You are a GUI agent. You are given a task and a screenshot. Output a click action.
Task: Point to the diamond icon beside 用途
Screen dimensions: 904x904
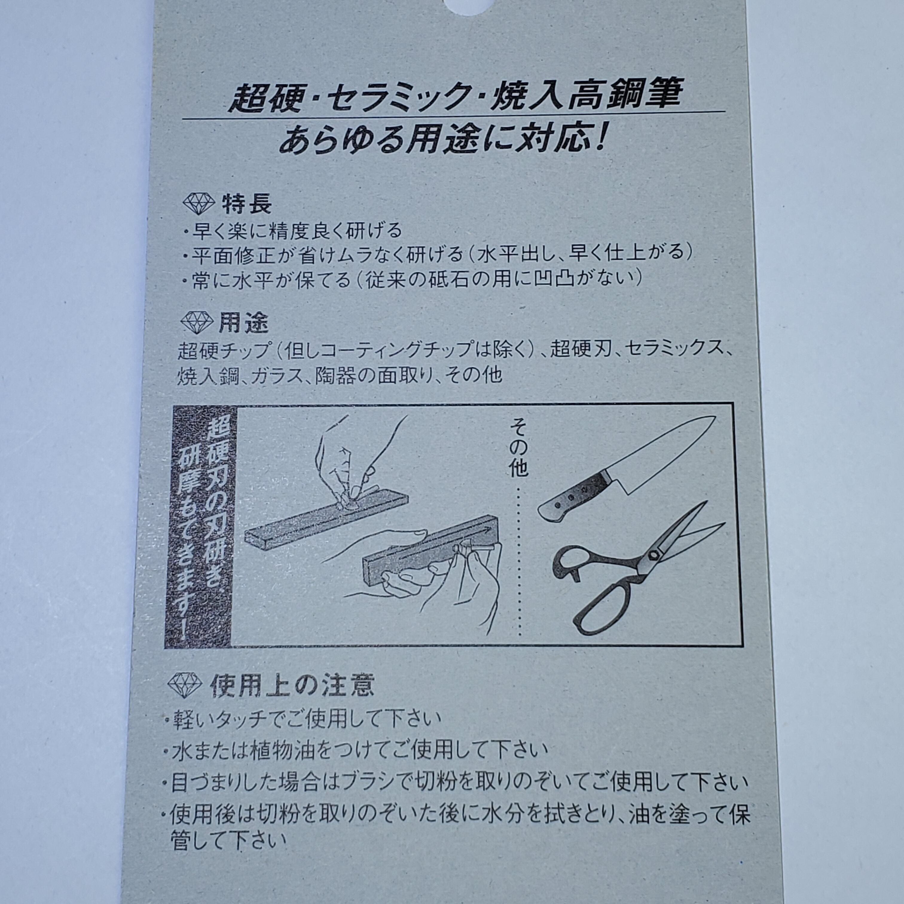pos(196,322)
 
